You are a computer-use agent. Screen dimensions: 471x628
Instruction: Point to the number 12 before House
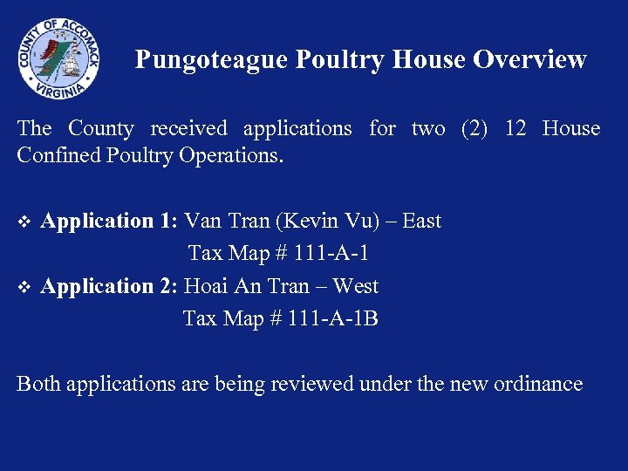[x=515, y=129]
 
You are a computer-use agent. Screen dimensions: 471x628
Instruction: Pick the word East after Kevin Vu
[x=422, y=221]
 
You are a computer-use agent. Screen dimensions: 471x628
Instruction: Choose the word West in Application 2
[x=356, y=286]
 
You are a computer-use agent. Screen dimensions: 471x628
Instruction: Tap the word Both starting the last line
[x=38, y=383]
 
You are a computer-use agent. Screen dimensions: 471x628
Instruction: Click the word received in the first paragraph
[x=188, y=129]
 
